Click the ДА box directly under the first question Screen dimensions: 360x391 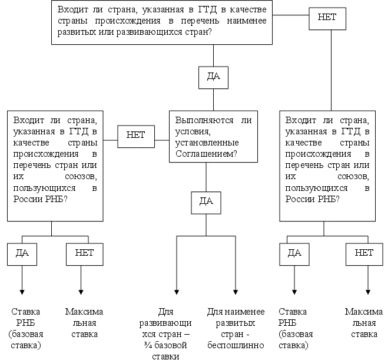213,77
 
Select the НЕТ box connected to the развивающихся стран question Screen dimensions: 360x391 327,17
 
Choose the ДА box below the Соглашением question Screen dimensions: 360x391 206,201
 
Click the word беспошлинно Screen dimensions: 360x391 236,345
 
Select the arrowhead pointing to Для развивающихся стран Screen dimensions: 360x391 176,292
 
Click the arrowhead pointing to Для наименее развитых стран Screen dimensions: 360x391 236,292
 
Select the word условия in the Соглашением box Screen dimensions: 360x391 190,131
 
